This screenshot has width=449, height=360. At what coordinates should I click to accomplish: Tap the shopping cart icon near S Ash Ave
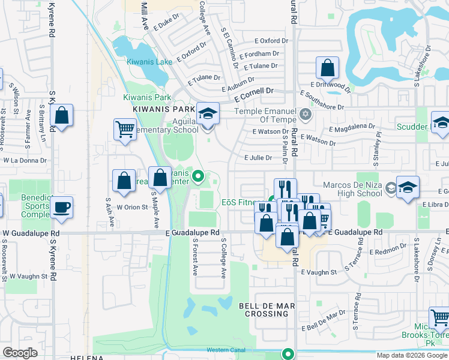pos(124,128)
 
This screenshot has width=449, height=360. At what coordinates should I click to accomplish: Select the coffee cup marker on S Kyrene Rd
pos(61,208)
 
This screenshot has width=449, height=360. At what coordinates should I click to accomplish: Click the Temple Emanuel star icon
pos(306,115)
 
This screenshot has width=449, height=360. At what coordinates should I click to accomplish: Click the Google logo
pos(20,353)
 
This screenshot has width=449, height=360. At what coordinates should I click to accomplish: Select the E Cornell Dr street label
pos(254,93)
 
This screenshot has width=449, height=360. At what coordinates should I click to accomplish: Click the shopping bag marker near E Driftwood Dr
pos(327,68)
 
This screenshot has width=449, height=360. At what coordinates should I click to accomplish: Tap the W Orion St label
pos(131,208)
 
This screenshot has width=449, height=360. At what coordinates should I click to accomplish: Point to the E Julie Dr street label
pos(258,158)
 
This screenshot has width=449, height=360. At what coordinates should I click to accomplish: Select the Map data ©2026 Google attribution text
pos(411,355)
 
